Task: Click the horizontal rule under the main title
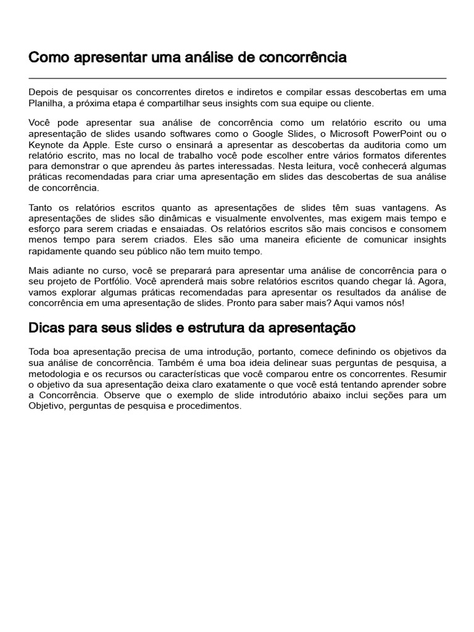237,78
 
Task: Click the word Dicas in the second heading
48,327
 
